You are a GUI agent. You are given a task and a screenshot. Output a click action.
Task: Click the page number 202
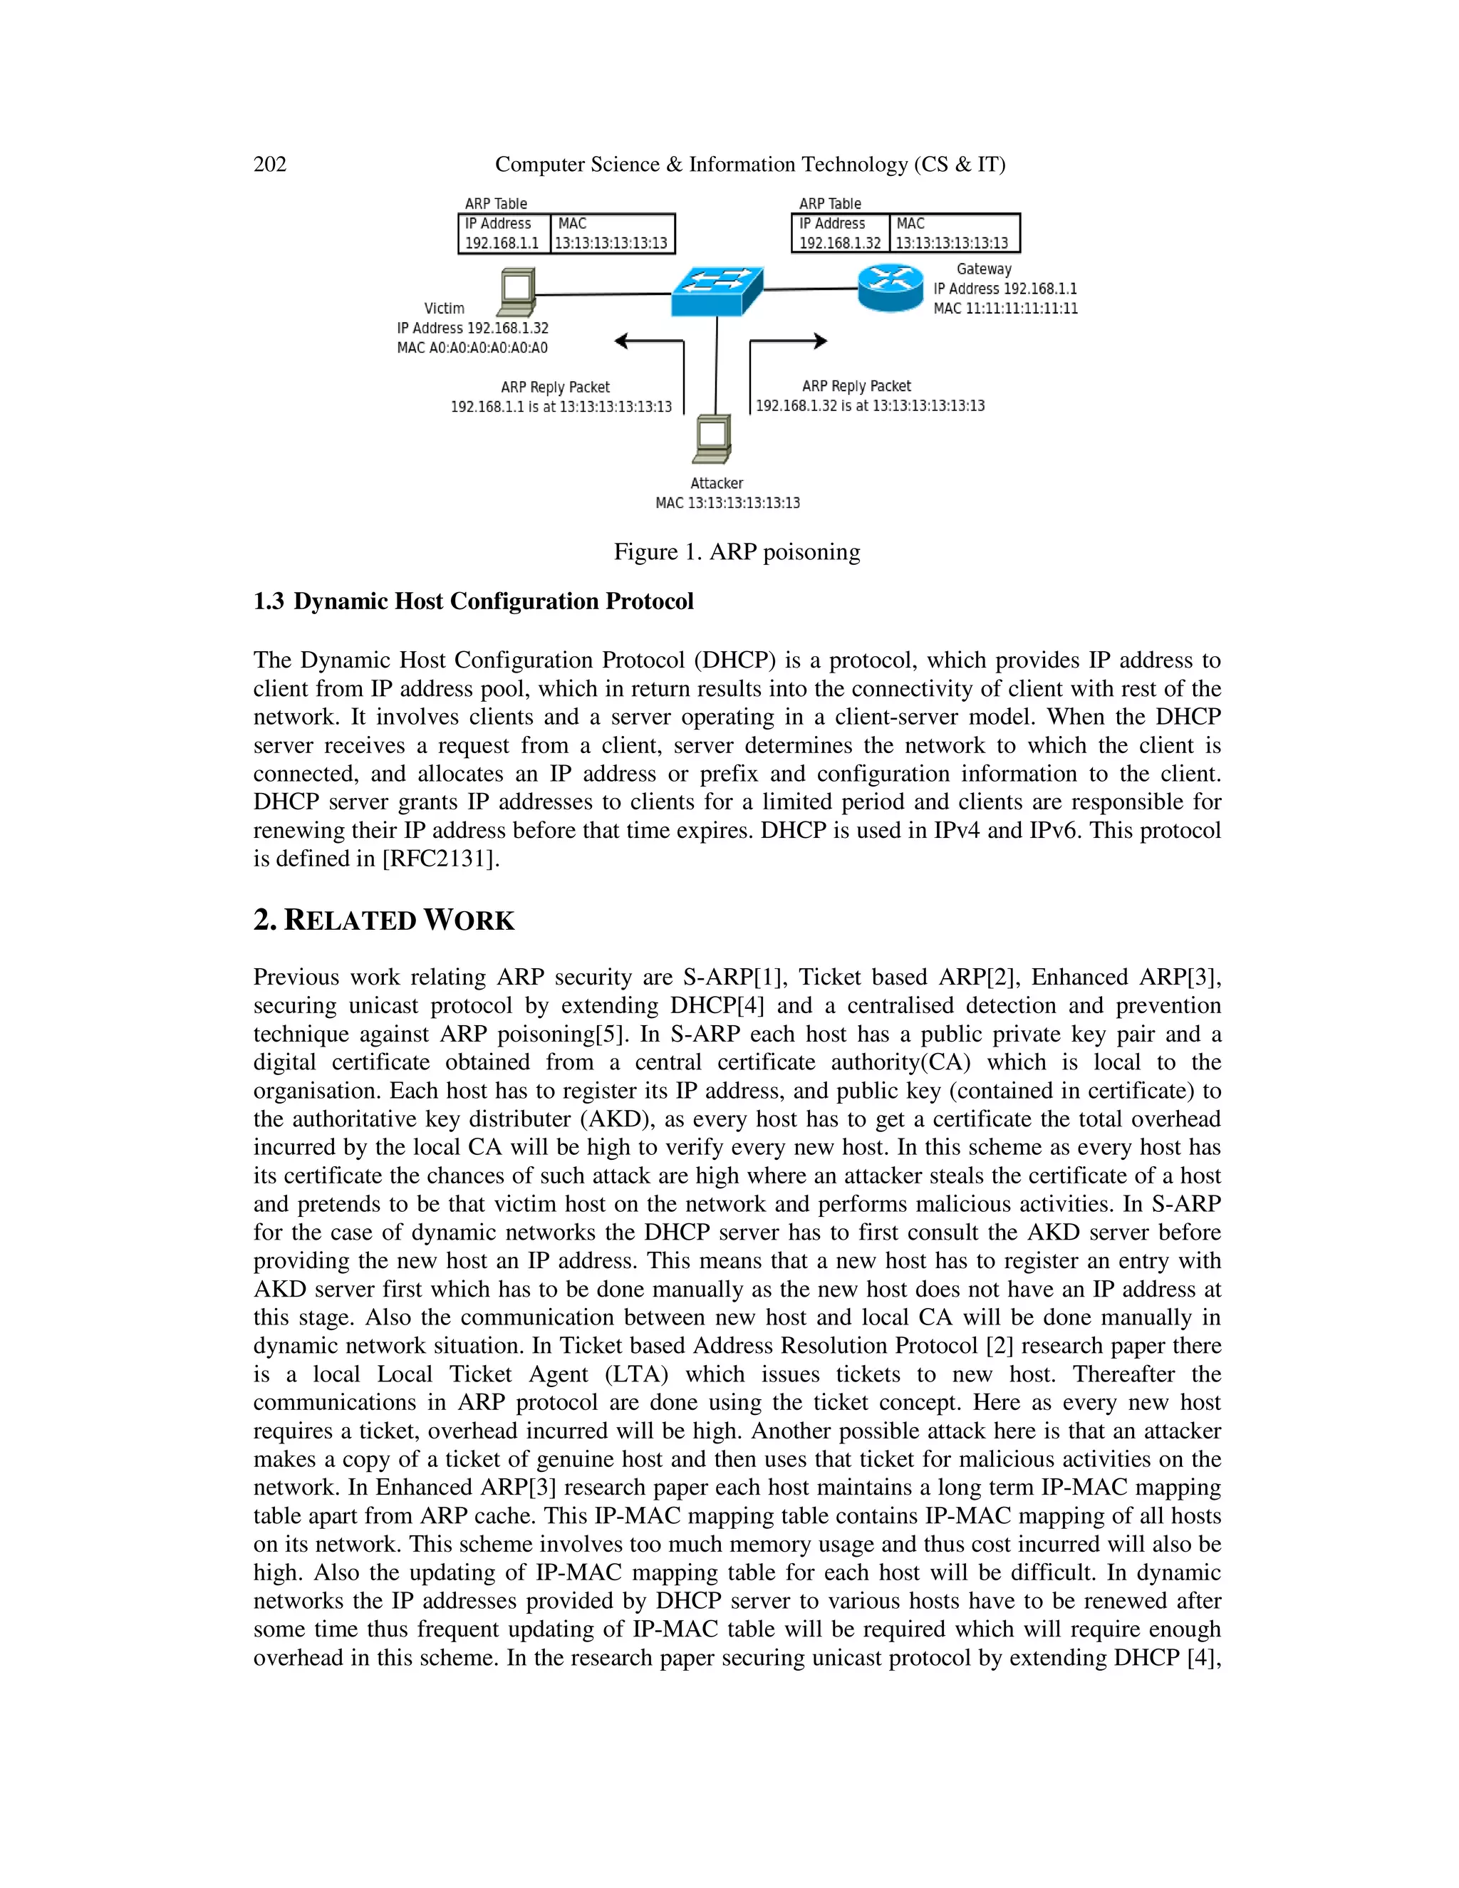[x=270, y=165]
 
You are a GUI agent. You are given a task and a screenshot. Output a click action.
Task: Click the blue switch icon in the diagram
[x=717, y=291]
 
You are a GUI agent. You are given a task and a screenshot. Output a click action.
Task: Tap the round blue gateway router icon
[x=891, y=288]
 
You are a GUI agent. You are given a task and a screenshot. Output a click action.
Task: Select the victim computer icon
[x=516, y=292]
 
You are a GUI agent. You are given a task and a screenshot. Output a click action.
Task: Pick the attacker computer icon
[x=713, y=439]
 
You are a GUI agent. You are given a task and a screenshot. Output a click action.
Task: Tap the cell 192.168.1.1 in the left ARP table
[x=502, y=243]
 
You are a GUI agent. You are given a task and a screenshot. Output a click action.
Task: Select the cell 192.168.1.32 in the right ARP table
[x=839, y=243]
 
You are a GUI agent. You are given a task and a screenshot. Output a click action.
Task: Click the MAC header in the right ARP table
[x=910, y=223]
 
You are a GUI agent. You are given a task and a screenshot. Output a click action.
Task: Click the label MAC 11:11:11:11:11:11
[x=1005, y=308]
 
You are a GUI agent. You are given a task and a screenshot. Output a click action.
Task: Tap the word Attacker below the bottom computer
[x=717, y=483]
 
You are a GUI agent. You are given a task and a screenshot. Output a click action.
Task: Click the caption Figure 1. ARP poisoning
[x=737, y=551]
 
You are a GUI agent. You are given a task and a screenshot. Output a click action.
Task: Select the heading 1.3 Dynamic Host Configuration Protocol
[x=474, y=602]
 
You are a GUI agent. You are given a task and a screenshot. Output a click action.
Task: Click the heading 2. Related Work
[x=384, y=920]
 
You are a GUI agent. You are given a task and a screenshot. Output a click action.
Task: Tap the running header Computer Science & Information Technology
[x=749, y=165]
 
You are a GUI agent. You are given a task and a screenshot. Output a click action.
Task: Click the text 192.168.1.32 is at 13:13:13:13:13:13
[x=870, y=405]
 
